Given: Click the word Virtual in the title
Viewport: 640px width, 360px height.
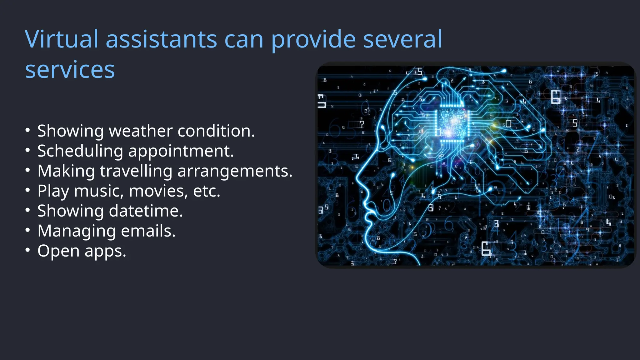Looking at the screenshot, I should point(62,39).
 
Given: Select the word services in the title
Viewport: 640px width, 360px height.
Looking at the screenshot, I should point(70,70).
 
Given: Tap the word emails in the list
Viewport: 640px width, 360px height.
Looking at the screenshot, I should point(148,231).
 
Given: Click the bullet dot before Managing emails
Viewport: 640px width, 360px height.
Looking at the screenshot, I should point(28,231).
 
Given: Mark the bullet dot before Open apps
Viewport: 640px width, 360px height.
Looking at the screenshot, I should point(28,251).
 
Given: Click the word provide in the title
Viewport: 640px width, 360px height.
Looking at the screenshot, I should point(313,39).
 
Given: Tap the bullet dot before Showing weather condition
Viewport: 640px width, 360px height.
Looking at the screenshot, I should point(28,130).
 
